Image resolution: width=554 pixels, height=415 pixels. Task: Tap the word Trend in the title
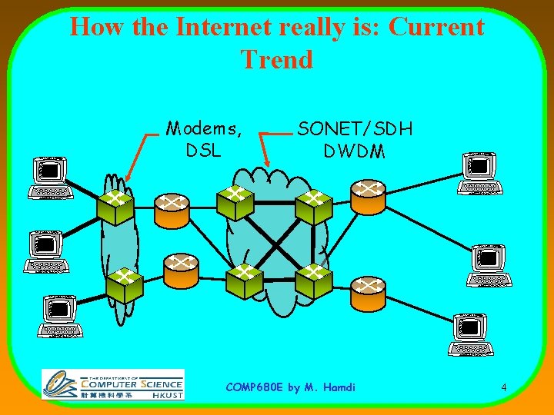click(276, 59)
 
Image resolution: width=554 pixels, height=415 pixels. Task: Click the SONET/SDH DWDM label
click(355, 139)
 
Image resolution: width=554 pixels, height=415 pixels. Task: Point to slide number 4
click(503, 387)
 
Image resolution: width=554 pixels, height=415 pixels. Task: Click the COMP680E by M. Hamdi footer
click(291, 387)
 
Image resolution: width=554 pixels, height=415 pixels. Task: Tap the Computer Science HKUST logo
click(113, 383)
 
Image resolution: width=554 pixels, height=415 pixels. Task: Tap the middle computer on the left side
click(46, 253)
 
